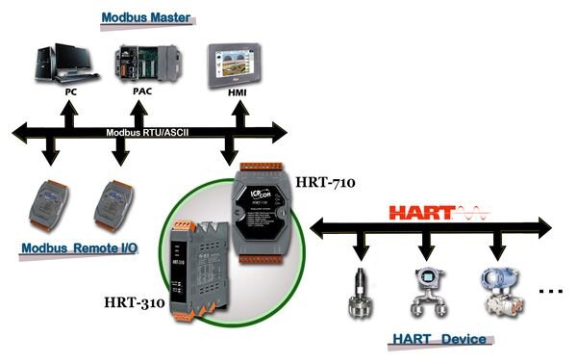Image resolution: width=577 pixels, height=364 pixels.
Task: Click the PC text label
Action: point(71,94)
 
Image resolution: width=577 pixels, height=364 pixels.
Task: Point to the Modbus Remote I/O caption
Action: point(79,248)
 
